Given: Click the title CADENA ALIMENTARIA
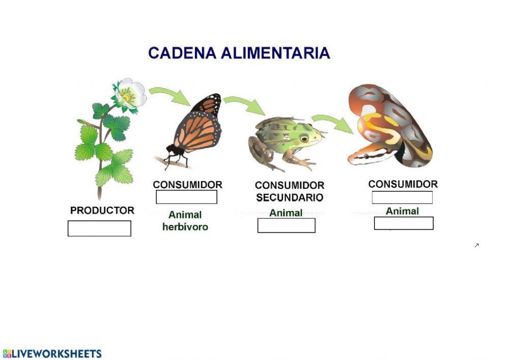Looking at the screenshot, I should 239,53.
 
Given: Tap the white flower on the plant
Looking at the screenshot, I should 130,93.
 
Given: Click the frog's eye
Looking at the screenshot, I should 304,138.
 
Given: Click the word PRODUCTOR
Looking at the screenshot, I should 102,210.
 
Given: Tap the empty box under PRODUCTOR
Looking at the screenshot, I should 99,228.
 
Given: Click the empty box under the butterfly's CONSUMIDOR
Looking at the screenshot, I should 186,197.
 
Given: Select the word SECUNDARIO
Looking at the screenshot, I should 290,198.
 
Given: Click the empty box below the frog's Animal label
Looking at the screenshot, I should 286,225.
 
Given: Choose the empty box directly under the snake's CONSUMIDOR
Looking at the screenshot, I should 402,198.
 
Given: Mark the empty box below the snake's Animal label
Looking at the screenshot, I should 404,223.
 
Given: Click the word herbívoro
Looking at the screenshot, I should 185,227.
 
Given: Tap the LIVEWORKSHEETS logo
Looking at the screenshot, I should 52,353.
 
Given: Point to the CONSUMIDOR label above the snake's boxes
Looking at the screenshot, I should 403,184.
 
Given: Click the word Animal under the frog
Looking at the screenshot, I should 286,213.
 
